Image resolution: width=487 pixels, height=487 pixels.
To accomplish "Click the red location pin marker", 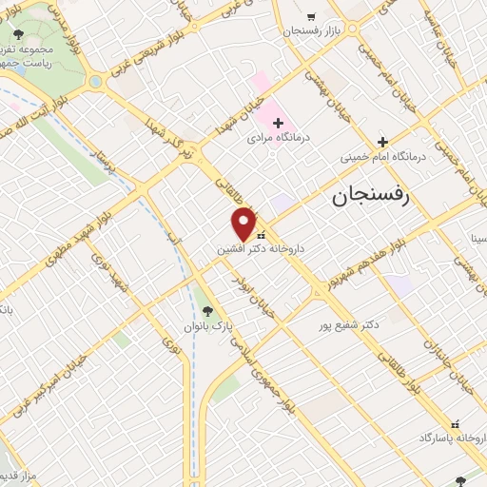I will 244,224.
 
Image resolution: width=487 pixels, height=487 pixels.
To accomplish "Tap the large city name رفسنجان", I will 370,197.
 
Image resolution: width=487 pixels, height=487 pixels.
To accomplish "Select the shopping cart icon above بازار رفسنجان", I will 311,17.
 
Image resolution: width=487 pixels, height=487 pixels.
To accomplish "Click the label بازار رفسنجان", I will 311,32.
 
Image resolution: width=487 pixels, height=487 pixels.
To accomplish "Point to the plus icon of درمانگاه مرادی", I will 278,123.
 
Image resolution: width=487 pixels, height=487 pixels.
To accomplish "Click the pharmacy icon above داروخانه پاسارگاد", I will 455,424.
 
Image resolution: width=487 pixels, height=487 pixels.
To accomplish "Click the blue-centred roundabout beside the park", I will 96,82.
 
